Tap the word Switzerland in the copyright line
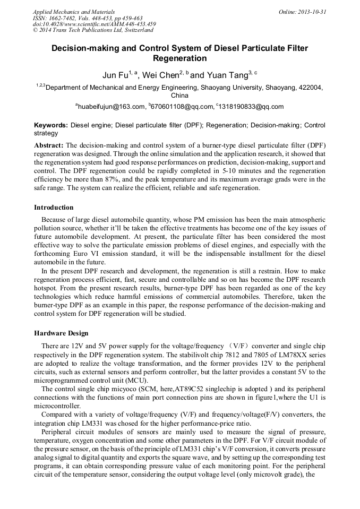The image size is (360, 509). pyautogui.click(x=135, y=30)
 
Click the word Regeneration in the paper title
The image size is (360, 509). pyautogui.click(x=179, y=58)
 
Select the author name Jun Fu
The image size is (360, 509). pyautogui.click(x=115, y=75)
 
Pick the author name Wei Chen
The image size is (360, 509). pyautogui.click(x=160, y=75)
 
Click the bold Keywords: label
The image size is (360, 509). pyautogui.click(x=51, y=125)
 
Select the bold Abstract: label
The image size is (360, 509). pyautogui.click(x=49, y=145)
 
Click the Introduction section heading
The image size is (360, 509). pyautogui.click(x=54, y=207)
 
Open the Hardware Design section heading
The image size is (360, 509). pyautogui.click(x=61, y=333)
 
